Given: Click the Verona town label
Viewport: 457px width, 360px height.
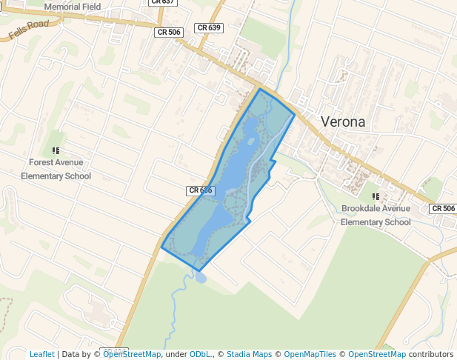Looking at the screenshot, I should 342,121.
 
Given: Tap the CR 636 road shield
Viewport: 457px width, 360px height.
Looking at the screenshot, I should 200,190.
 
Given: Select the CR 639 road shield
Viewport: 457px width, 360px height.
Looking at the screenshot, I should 209,27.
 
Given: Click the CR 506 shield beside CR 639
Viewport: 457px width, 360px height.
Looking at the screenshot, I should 169,33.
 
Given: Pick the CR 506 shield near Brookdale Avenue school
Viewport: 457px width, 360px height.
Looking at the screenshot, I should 443,208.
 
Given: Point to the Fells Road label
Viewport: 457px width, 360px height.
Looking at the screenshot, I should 29,29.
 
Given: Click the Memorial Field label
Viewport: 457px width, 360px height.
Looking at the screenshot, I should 72,7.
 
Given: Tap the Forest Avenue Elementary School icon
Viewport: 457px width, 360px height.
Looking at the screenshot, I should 56,150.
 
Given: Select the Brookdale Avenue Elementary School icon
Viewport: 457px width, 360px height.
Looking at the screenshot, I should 376,196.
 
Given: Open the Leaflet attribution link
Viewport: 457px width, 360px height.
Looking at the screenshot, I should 41,354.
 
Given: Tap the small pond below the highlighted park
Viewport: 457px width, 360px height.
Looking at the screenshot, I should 200,277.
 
